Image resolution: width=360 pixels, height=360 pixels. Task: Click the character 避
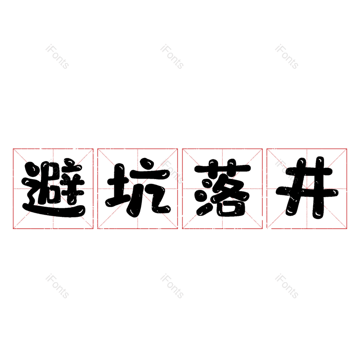click(53, 188)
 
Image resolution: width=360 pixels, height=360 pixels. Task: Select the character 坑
click(138, 187)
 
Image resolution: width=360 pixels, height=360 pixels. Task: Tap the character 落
click(222, 187)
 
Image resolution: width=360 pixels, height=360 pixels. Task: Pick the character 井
click(307, 188)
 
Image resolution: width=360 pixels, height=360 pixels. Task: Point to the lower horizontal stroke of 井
click(307, 192)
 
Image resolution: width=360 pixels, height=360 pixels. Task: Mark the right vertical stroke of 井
click(319, 188)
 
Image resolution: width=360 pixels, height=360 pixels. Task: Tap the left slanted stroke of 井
click(296, 187)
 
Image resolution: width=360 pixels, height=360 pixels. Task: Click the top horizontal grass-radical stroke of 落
click(222, 168)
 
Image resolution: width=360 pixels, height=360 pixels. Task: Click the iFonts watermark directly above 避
click(57, 57)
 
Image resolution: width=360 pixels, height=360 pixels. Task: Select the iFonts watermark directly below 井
click(287, 286)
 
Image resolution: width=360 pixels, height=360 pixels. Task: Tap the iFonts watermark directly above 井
click(287, 57)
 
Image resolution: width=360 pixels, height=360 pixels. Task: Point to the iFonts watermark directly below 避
click(57, 286)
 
